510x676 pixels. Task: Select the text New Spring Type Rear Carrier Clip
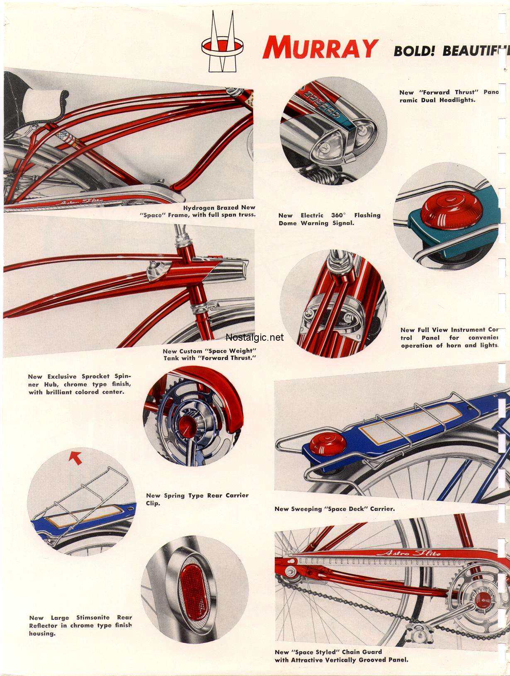(197, 499)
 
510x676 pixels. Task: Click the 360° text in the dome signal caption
(338, 215)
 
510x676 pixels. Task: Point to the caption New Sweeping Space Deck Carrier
(335, 509)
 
